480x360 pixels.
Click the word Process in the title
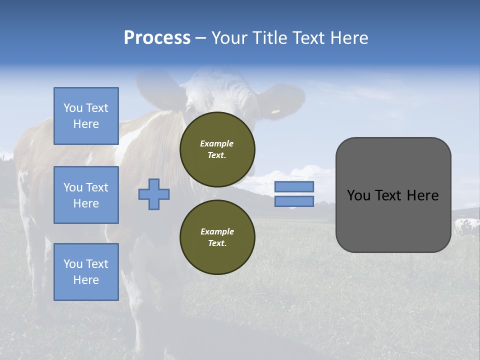tap(157, 38)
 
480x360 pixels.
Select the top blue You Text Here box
tap(86, 116)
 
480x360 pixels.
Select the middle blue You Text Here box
tap(86, 195)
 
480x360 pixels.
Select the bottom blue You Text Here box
tap(86, 271)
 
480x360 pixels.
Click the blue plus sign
tap(154, 194)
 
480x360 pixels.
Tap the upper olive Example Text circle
tap(217, 149)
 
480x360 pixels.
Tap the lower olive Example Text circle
tap(217, 237)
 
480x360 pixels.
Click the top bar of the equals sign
tap(294, 187)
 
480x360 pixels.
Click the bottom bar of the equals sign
tap(294, 201)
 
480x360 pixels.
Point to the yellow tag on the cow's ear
tap(275, 111)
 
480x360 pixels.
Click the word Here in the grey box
tap(422, 195)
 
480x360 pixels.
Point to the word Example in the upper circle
tap(217, 143)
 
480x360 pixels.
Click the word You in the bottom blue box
tap(73, 264)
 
